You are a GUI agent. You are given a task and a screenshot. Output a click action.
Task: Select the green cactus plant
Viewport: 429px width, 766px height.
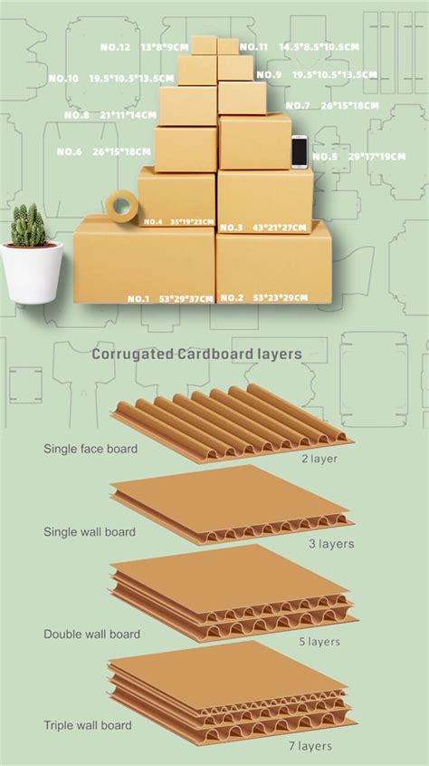tap(29, 226)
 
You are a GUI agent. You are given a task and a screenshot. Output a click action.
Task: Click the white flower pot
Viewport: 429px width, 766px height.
tap(32, 271)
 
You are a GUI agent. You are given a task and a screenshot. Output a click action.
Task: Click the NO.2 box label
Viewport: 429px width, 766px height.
tap(232, 298)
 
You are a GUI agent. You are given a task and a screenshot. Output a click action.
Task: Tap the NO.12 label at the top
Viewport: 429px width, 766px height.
tap(115, 47)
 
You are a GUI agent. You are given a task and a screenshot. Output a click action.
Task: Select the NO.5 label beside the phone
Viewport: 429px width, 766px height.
tap(325, 157)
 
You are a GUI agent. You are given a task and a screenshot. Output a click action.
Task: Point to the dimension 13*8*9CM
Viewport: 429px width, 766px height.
tap(164, 47)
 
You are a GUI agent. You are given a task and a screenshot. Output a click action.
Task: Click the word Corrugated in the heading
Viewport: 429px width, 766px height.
tap(133, 354)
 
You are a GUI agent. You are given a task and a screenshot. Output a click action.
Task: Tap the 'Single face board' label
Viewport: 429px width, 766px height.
tap(90, 449)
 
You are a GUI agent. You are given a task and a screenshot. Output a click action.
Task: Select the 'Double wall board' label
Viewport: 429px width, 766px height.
tap(91, 635)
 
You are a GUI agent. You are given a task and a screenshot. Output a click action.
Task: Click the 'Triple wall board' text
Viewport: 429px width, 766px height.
tap(88, 725)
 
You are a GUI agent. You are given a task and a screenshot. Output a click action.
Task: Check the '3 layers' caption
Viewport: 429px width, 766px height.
tap(329, 544)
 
